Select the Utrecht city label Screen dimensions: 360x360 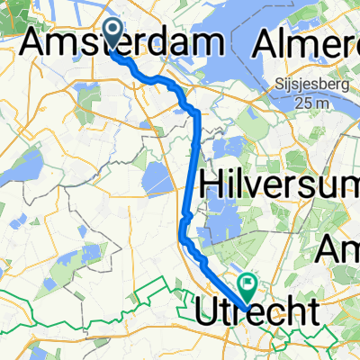click(256, 312)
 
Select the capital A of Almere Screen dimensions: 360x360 click(268, 42)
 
